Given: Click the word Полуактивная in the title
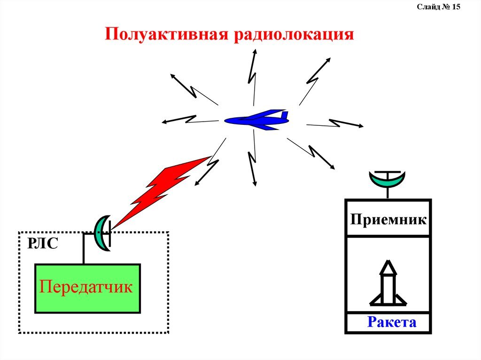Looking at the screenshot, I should tap(165, 35).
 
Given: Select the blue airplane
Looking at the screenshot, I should tap(256, 120).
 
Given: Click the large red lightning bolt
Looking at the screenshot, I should tap(160, 190).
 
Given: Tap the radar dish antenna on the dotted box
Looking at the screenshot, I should tap(101, 232).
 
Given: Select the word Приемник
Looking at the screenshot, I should tap(388, 219).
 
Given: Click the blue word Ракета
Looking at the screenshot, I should tap(392, 322).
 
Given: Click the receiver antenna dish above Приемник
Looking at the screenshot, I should tap(387, 178).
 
